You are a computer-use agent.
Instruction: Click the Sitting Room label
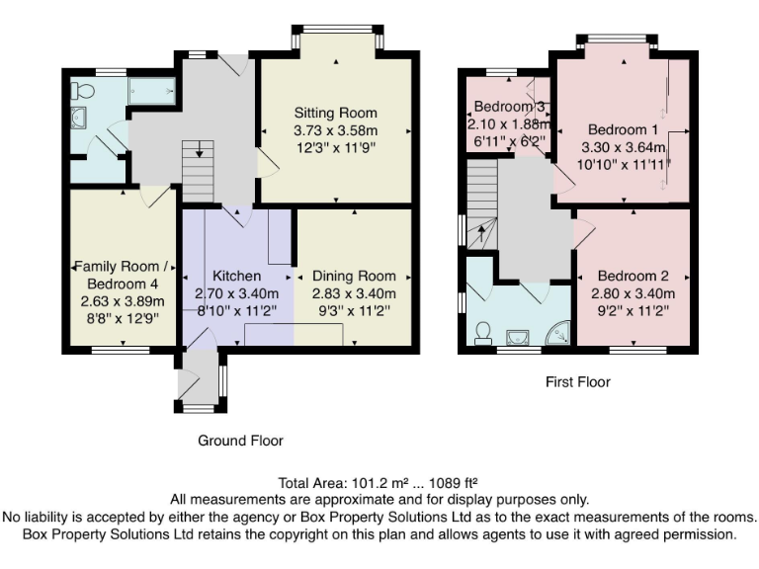(335, 113)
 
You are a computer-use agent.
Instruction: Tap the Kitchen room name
(237, 276)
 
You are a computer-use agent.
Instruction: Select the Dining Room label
(354, 276)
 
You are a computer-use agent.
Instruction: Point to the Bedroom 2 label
(632, 276)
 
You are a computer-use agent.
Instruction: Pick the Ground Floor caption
(240, 441)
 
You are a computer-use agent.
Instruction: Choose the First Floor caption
(578, 381)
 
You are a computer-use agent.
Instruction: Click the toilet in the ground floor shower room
(82, 91)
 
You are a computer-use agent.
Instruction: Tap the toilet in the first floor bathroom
(482, 334)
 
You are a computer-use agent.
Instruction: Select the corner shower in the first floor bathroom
(558, 334)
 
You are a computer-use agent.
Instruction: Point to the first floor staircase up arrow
(481, 235)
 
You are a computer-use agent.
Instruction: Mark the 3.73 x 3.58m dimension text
(335, 130)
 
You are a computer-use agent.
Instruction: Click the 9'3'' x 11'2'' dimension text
(354, 310)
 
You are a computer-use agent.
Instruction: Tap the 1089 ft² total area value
(454, 483)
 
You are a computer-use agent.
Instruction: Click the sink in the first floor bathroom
(518, 337)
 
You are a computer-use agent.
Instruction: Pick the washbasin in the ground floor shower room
(78, 118)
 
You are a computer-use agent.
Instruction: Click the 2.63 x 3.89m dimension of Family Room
(123, 301)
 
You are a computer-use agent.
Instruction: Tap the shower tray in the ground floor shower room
(151, 91)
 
